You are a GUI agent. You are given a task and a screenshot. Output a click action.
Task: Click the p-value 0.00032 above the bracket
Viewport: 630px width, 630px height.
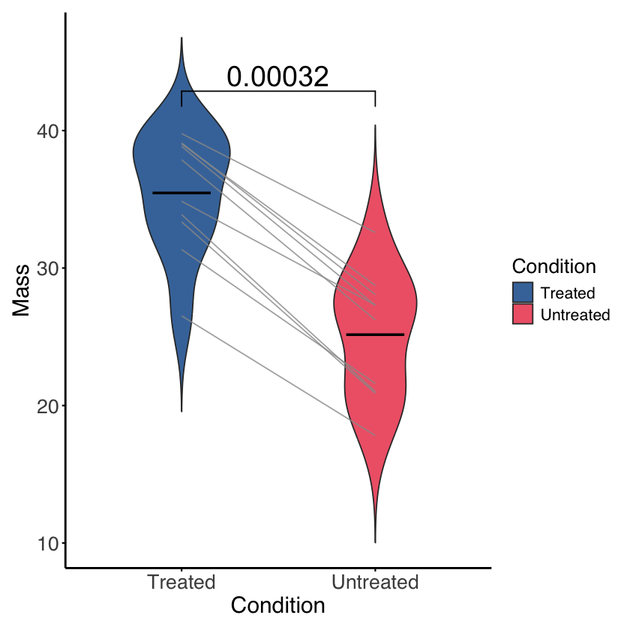click(278, 76)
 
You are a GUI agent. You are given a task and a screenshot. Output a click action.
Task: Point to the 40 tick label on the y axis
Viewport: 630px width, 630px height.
click(48, 131)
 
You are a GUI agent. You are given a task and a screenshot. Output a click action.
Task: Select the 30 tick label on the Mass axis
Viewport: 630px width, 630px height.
click(48, 268)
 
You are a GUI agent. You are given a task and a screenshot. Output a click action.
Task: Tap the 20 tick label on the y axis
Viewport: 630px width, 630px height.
click(48, 406)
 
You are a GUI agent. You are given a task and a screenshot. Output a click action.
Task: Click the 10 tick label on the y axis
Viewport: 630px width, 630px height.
click(48, 544)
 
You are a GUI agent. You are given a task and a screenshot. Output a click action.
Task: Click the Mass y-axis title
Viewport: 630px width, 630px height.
click(21, 290)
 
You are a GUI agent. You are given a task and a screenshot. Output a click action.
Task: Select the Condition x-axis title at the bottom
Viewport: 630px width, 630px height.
click(278, 605)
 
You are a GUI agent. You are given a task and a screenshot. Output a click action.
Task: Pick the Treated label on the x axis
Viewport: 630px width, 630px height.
click(181, 582)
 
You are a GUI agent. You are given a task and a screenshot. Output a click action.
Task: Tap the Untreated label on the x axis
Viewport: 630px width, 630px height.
click(375, 582)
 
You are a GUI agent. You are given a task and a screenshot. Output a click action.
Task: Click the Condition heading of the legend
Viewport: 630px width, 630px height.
click(554, 266)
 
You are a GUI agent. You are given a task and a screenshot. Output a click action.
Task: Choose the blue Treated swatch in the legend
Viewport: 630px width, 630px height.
click(523, 292)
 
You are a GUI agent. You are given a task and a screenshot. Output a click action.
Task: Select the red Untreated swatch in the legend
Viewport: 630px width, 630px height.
click(523, 313)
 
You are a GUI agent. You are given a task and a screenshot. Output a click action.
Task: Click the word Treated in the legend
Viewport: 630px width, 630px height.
click(568, 293)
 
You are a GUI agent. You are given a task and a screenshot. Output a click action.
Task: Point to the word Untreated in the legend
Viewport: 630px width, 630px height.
click(575, 314)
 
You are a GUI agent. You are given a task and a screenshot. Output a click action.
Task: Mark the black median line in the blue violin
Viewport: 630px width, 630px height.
click(181, 193)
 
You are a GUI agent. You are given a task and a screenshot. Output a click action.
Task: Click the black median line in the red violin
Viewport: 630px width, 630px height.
click(375, 334)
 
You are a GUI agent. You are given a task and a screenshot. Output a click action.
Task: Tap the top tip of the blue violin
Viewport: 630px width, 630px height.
click(181, 37)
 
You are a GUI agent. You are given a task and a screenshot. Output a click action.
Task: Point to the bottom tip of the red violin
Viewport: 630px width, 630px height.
click(375, 543)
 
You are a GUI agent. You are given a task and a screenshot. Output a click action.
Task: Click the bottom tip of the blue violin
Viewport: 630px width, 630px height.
click(181, 412)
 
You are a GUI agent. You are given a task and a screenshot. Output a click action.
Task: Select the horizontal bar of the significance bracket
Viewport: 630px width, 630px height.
click(278, 91)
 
